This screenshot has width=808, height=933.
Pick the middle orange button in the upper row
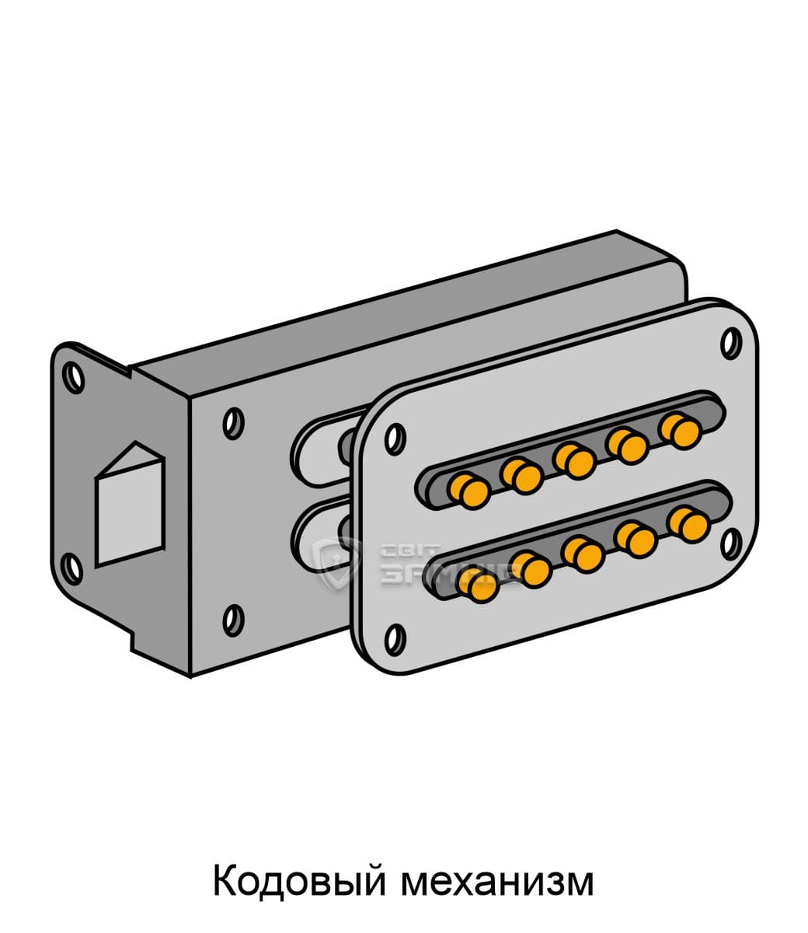[x=574, y=460]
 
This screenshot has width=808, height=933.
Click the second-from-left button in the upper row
[x=521, y=476]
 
